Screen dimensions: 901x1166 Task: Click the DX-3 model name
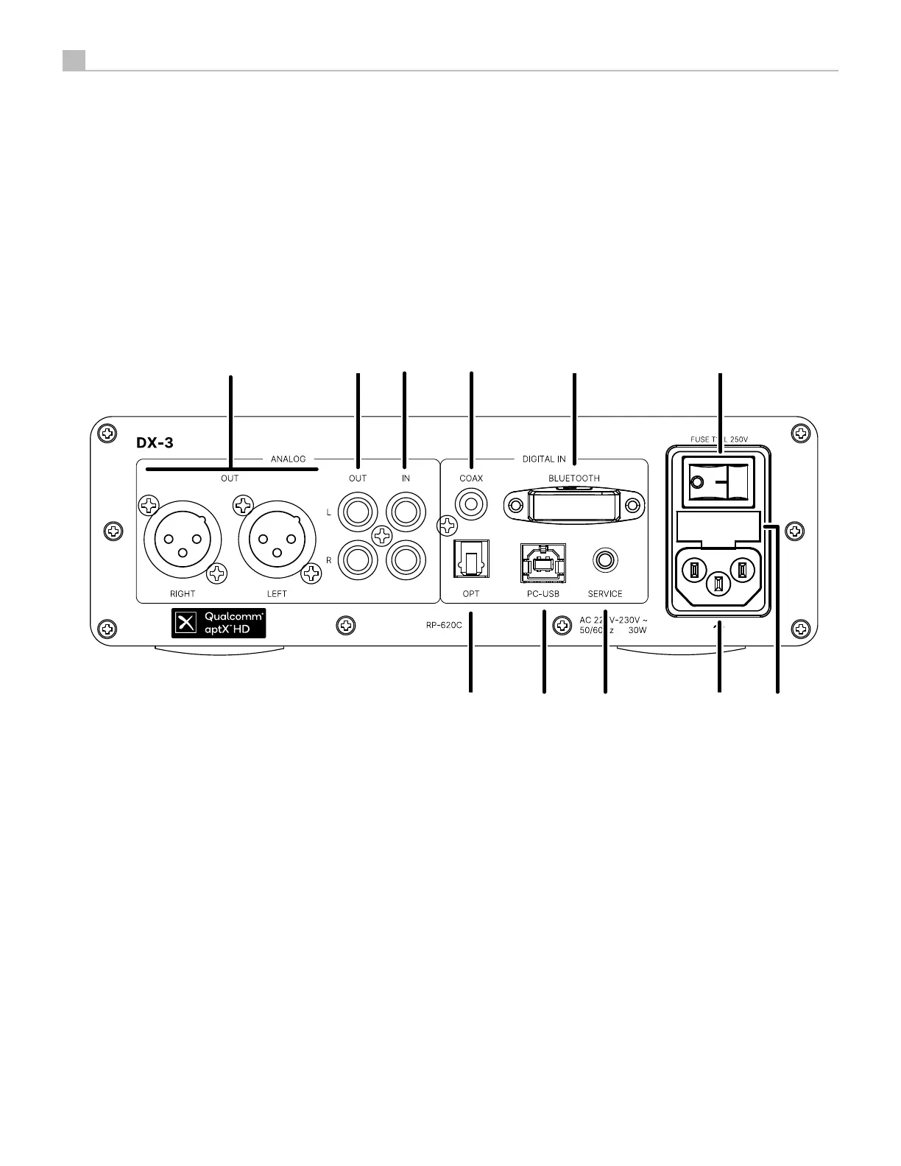click(155, 443)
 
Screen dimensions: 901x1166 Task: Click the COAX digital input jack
click(471, 506)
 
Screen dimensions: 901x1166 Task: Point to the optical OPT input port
click(470, 560)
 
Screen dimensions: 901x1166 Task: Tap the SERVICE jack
click(605, 560)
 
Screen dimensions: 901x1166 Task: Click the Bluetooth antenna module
click(574, 506)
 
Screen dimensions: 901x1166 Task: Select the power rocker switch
click(718, 483)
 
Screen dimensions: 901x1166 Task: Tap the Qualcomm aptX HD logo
click(219, 623)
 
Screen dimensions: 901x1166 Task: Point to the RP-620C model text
click(444, 626)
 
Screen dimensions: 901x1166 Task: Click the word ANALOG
click(288, 459)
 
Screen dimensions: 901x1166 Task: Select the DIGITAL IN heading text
click(544, 459)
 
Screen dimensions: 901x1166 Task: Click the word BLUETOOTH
click(574, 478)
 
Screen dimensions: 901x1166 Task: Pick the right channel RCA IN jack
click(406, 559)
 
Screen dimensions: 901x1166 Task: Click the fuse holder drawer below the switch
click(718, 526)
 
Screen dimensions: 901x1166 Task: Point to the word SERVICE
click(605, 594)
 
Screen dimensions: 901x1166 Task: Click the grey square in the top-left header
click(74, 60)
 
